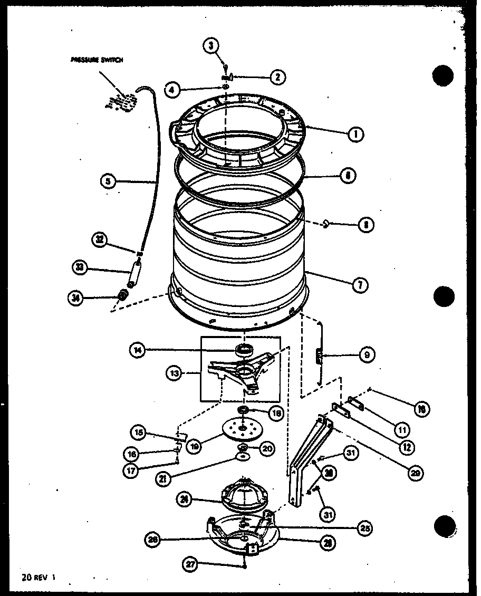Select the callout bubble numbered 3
pyautogui.click(x=211, y=46)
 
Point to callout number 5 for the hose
pyautogui.click(x=108, y=182)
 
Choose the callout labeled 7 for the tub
pyautogui.click(x=360, y=285)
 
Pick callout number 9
pyautogui.click(x=366, y=355)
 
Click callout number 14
pyautogui.click(x=139, y=349)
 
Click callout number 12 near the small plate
pyautogui.click(x=406, y=448)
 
